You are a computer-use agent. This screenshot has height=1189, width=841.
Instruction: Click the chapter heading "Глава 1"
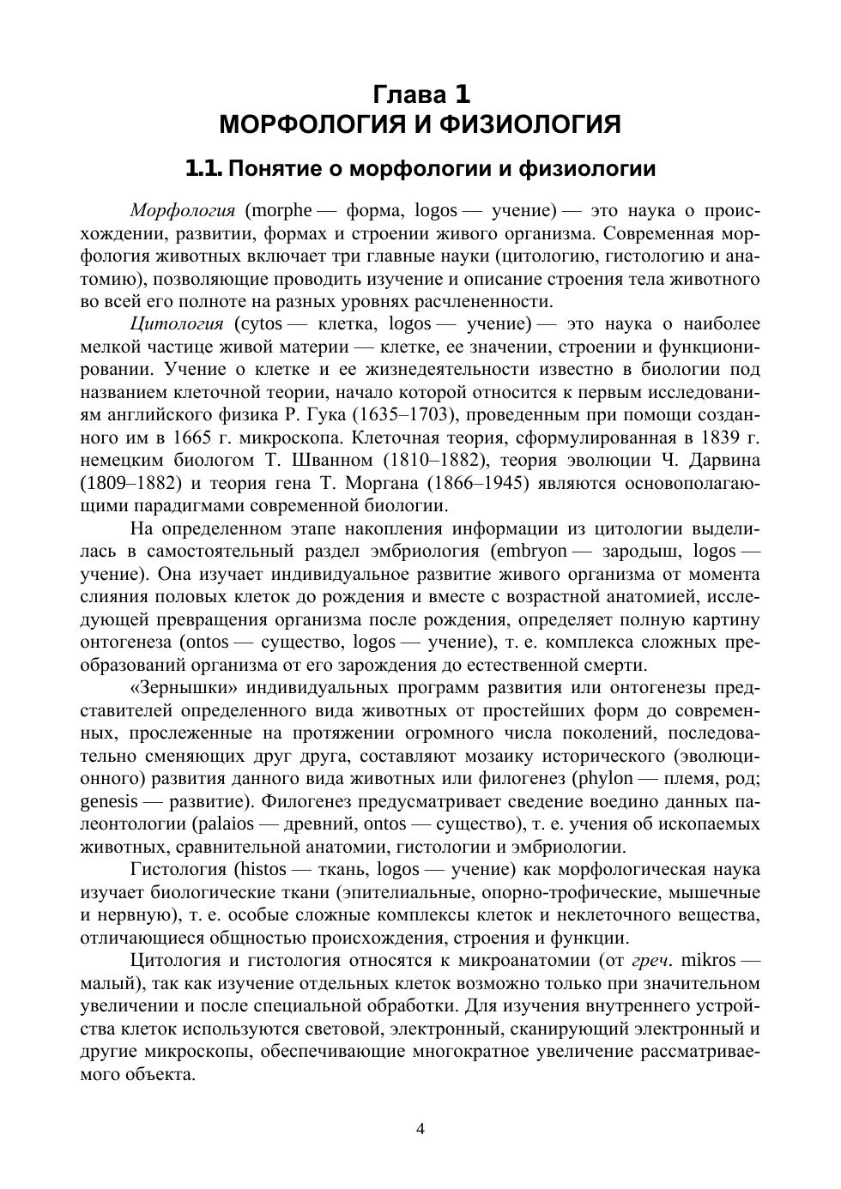point(420,94)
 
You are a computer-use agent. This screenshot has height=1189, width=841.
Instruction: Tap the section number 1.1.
point(203,169)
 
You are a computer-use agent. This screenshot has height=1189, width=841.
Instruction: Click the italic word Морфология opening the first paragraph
point(183,210)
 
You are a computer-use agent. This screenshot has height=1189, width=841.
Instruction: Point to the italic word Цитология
point(177,323)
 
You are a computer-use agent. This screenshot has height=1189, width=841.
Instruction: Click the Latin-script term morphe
point(278,210)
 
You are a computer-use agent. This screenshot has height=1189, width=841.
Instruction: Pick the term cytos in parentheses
point(258,323)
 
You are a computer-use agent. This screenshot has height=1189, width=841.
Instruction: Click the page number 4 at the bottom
point(420,1130)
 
